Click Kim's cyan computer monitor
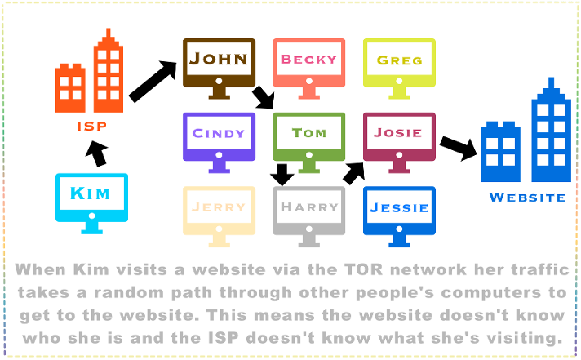[x=92, y=197]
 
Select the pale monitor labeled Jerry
[x=219, y=209]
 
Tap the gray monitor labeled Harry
[x=308, y=209]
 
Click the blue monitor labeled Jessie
[x=399, y=209]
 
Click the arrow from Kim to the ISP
[x=95, y=153]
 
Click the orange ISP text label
[x=91, y=127]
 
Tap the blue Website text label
[x=526, y=197]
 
